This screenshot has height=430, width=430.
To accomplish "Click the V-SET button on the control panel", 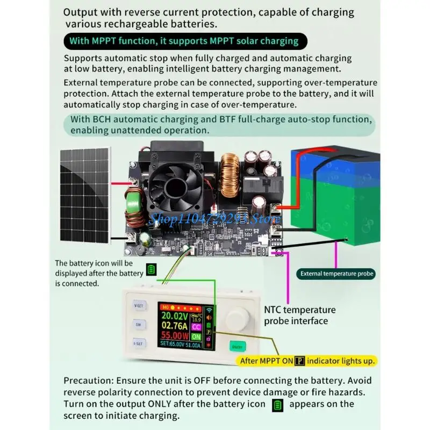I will [x=138, y=306].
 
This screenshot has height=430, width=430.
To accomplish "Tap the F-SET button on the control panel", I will [x=138, y=342].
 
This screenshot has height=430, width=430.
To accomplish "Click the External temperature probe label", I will [x=336, y=274].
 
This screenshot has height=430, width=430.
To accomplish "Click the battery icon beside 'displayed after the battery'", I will [x=151, y=269].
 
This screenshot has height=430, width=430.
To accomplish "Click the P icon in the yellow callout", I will [x=300, y=361].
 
